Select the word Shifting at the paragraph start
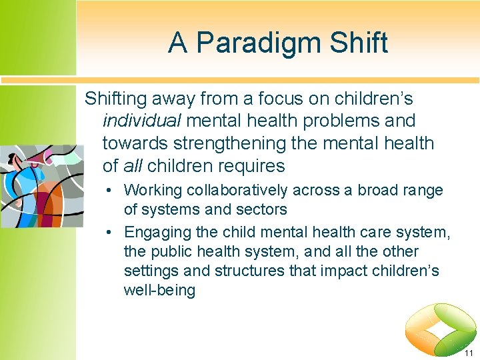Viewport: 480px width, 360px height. tap(116, 99)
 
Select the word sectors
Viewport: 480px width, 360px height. tap(261, 209)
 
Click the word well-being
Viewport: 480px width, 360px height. tap(159, 291)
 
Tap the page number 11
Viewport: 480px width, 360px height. tap(469, 353)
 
